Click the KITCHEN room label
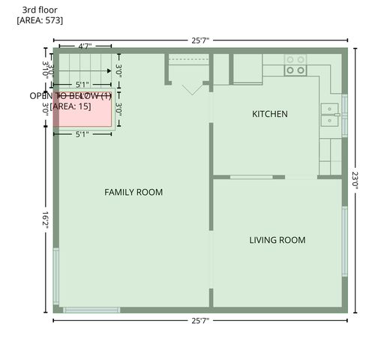[x=269, y=114]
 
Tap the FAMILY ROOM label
[x=133, y=192]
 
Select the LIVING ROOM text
[x=277, y=240]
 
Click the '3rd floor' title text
[x=40, y=10]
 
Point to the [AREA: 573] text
[x=40, y=20]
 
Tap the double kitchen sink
[x=330, y=114]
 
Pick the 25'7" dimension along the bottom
[x=199, y=321]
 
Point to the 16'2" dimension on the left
[x=46, y=223]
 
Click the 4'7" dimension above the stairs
[x=85, y=46]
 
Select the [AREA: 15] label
[x=70, y=106]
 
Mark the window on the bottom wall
[x=91, y=310]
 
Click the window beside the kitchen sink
[x=344, y=115]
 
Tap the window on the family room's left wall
[x=55, y=274]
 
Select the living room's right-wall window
[x=344, y=240]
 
